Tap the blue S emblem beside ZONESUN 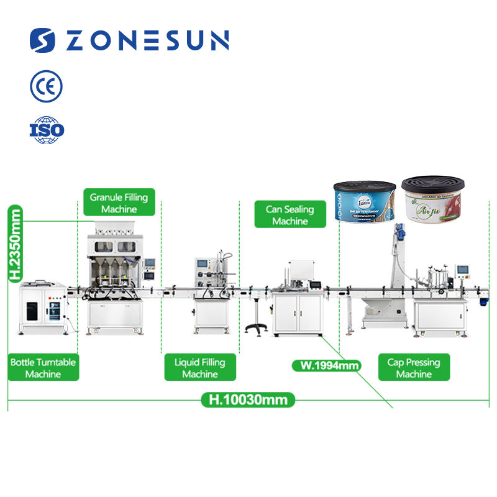(43, 41)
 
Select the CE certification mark (46, 86)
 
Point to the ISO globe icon (47, 129)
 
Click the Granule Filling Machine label (119, 203)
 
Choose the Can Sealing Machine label (290, 215)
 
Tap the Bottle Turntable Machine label (43, 368)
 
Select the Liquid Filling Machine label (200, 368)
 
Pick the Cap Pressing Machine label (414, 368)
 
